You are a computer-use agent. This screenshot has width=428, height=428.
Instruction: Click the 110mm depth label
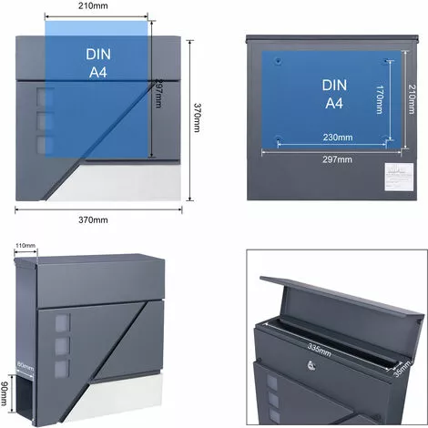pyautogui.click(x=25, y=246)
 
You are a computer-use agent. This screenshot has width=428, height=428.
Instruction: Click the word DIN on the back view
pyautogui.click(x=334, y=84)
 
